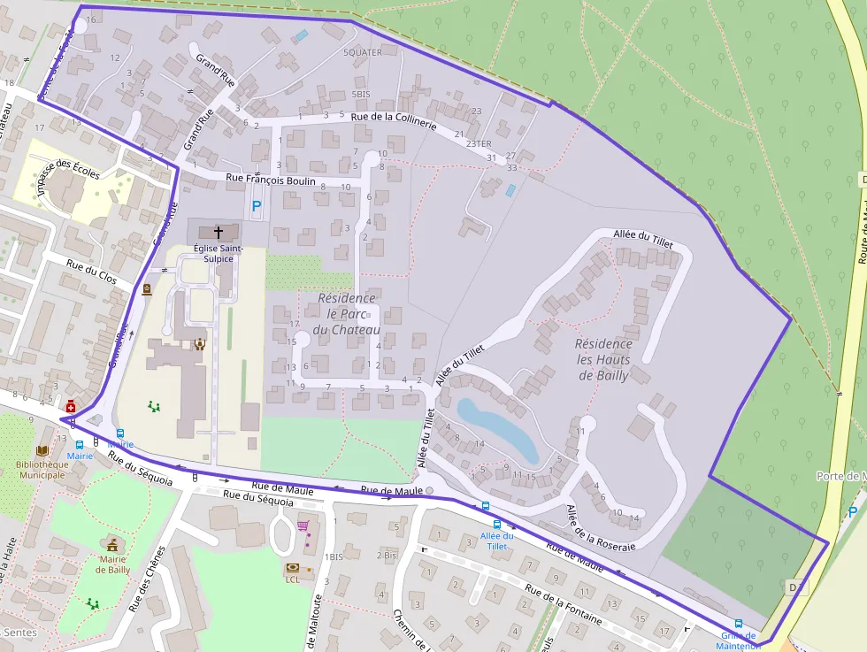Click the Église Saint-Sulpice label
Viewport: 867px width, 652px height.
[213, 254]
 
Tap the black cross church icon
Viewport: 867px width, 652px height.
[219, 231]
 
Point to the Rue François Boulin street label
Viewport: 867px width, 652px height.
[271, 180]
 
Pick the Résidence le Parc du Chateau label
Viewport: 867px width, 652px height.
[348, 314]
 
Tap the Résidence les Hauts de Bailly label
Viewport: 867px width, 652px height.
[604, 359]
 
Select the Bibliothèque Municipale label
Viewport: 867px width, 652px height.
[42, 470]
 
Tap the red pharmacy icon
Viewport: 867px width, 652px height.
[70, 407]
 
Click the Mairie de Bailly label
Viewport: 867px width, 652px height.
[112, 564]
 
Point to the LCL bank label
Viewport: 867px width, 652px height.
[293, 580]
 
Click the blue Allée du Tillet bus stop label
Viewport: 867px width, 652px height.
[497, 541]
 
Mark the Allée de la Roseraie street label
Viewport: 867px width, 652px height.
[601, 528]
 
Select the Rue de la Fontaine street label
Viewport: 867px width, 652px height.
[563, 604]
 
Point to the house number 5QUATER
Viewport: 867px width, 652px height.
[363, 52]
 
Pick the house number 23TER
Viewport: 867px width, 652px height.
[478, 143]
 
